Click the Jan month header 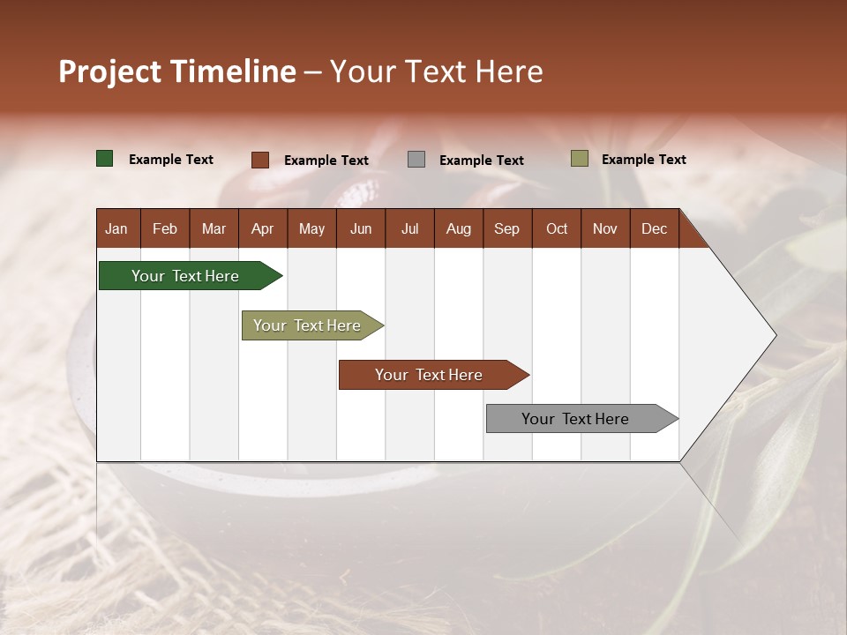(x=116, y=228)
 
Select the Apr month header (x=262, y=228)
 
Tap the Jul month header (x=409, y=228)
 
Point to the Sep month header (x=506, y=228)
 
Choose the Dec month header (x=654, y=228)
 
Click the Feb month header (x=165, y=228)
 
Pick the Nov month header (x=604, y=228)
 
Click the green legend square (x=105, y=159)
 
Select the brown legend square (x=260, y=160)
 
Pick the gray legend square (x=416, y=160)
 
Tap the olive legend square (x=580, y=159)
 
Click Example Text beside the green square (x=171, y=160)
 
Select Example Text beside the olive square (x=644, y=160)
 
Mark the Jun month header (x=361, y=228)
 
